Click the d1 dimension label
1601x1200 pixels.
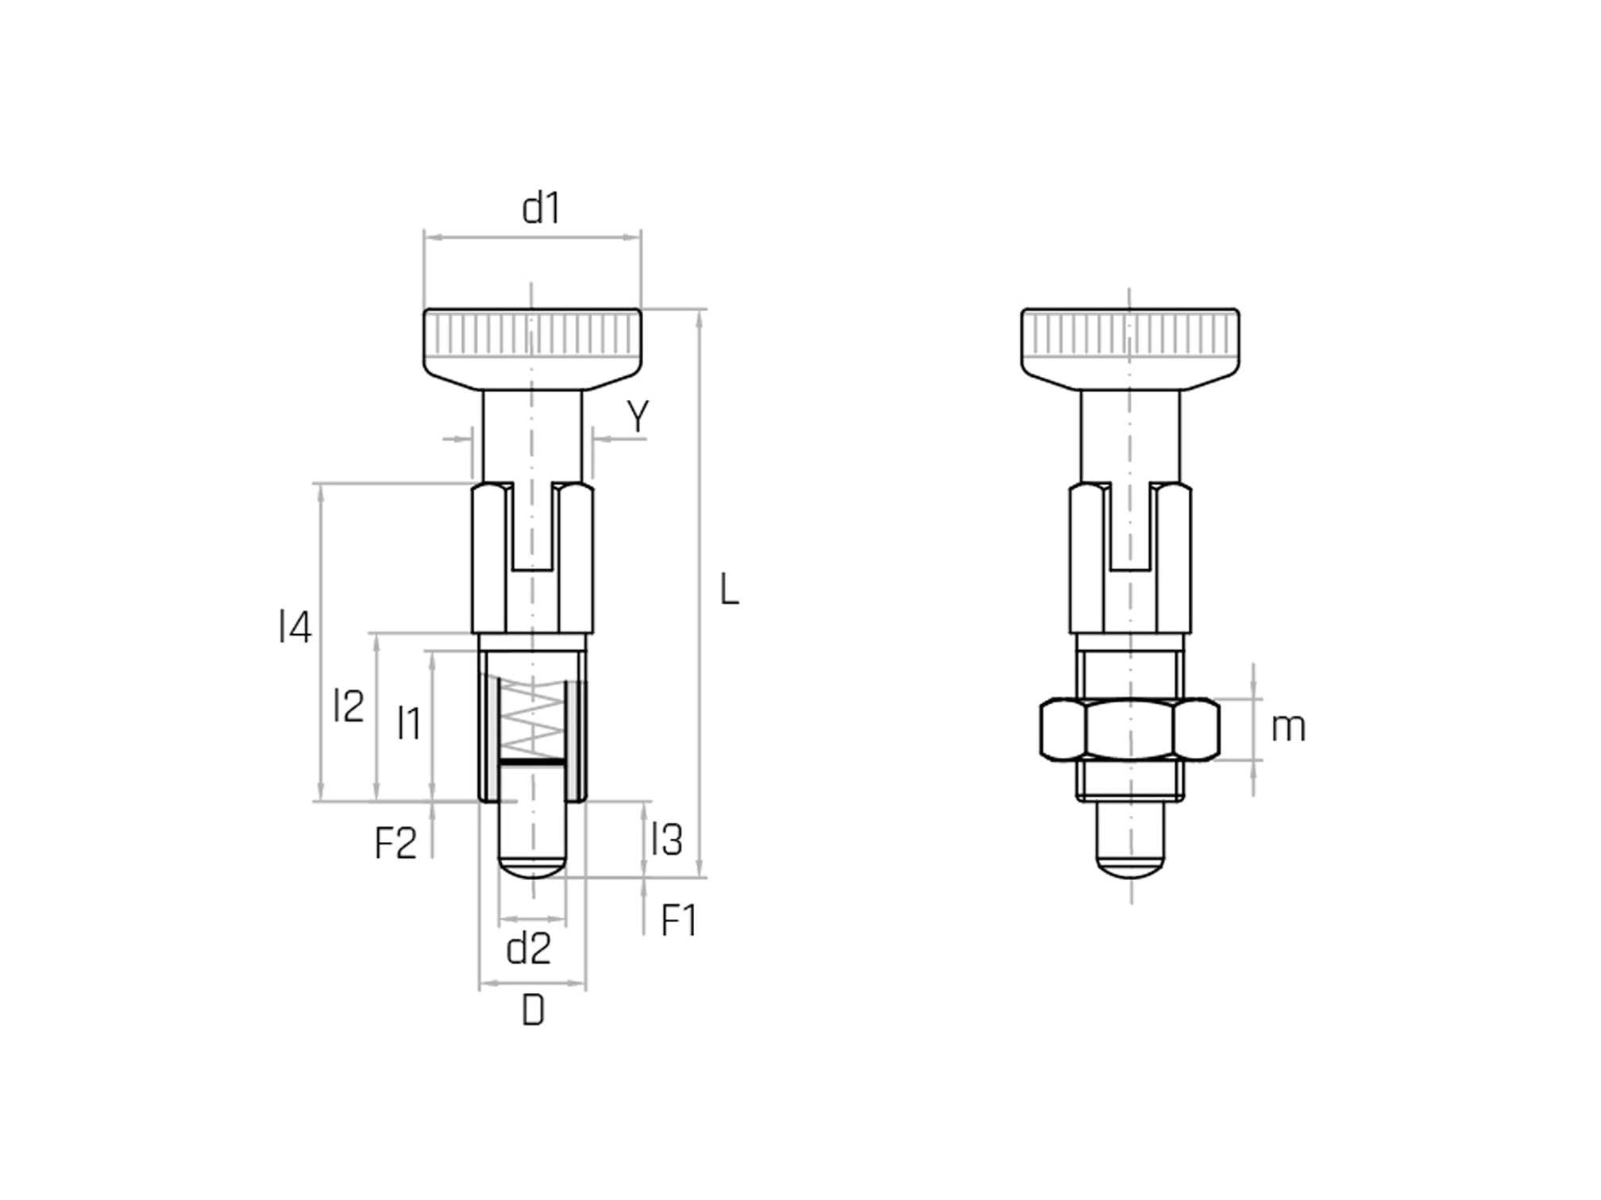click(541, 209)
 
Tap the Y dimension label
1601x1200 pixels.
click(637, 416)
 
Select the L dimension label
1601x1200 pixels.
click(729, 590)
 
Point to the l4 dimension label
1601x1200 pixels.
click(295, 627)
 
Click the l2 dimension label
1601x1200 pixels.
click(348, 706)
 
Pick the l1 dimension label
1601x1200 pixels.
click(408, 723)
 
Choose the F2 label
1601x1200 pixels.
click(395, 843)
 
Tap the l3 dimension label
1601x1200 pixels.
click(665, 839)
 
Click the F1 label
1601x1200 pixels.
click(678, 921)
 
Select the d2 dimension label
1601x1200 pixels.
click(528, 948)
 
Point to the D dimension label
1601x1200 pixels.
click(533, 1011)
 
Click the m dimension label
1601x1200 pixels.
click(1287, 728)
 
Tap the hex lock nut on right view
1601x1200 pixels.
click(1129, 729)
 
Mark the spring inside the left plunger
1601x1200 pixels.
click(532, 718)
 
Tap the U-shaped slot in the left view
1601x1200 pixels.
click(532, 528)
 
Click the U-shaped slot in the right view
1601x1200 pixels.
click(1129, 528)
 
